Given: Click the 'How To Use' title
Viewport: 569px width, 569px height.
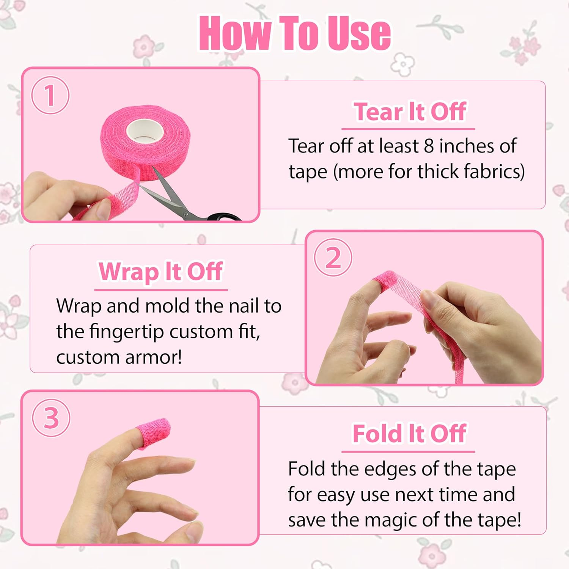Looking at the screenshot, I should (295, 33).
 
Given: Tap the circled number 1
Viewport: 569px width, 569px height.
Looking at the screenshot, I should (50, 95).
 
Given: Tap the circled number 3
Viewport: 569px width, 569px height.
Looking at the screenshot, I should (51, 418).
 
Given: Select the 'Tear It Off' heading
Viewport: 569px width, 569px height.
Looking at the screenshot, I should (409, 112).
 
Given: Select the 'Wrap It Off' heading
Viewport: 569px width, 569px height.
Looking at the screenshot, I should (160, 272).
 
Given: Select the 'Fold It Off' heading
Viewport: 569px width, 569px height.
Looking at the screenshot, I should (409, 434).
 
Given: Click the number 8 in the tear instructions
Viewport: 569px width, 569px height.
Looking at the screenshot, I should (429, 146).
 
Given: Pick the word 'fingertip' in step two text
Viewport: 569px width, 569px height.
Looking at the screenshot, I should (127, 332).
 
